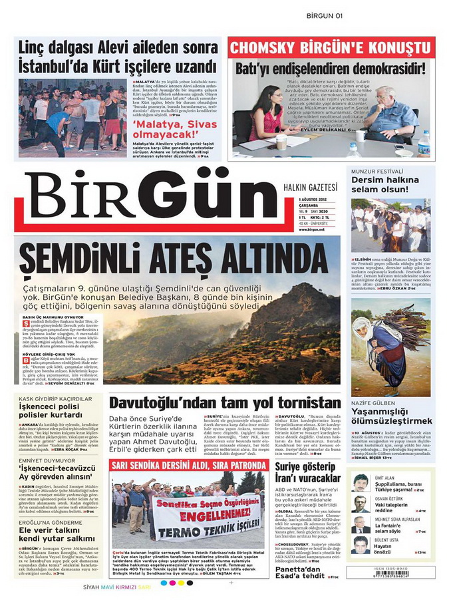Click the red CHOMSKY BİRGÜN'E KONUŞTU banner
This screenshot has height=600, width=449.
pyautogui.click(x=330, y=48)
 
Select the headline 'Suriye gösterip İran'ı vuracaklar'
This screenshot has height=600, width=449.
pyautogui.click(x=307, y=472)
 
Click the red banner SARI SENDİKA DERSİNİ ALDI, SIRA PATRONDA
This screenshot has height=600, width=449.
pyautogui.click(x=189, y=464)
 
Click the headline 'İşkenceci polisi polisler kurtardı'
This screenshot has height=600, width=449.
pyautogui.click(x=51, y=410)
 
